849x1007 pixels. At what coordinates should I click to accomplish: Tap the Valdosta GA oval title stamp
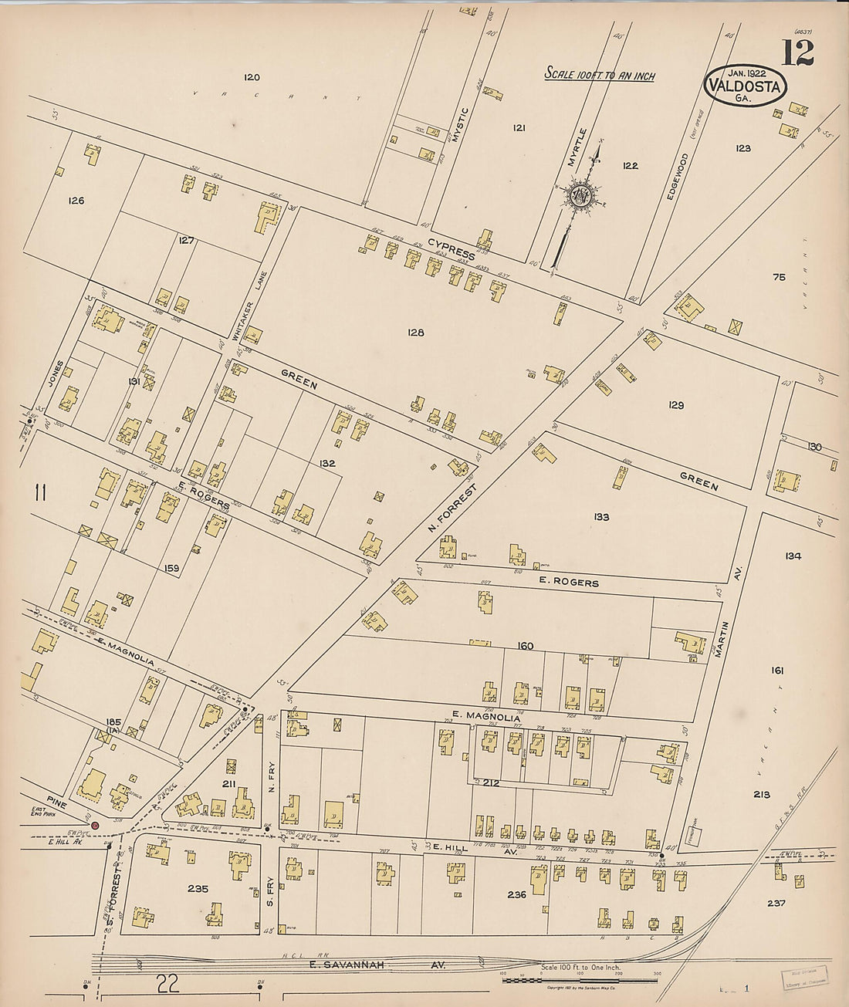coord(745,85)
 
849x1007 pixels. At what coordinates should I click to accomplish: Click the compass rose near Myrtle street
coord(578,194)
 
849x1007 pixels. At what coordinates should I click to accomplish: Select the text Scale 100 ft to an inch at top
coord(600,74)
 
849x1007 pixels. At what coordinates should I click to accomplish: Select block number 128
coord(416,333)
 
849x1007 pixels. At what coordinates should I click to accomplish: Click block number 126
coord(76,201)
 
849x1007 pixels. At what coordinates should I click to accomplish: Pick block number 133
coord(601,517)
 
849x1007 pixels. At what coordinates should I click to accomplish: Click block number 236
coord(516,895)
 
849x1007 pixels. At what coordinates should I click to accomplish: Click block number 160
coord(526,645)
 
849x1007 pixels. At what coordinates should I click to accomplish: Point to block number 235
coord(198,889)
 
